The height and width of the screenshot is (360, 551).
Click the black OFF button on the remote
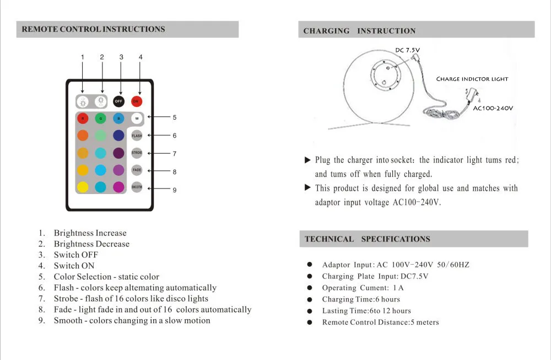(118, 101)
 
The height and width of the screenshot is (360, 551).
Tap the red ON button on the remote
(137, 101)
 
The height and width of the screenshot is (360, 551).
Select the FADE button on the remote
(137, 170)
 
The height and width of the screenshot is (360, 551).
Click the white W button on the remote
(137, 118)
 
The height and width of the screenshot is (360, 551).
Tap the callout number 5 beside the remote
(175, 117)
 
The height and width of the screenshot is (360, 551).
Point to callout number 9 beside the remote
(175, 190)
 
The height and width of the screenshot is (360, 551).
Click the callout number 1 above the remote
(83, 57)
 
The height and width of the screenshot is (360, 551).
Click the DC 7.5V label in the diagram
(408, 50)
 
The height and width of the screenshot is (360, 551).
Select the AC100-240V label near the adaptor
(493, 108)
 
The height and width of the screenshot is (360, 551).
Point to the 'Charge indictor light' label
(472, 79)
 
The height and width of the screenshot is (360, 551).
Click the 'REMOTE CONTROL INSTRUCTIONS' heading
(93, 29)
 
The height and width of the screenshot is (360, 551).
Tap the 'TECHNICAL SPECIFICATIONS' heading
(367, 239)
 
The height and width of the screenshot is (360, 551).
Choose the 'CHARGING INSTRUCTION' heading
(359, 31)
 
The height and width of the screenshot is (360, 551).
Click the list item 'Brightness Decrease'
(91, 244)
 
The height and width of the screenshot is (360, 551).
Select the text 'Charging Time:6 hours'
(361, 299)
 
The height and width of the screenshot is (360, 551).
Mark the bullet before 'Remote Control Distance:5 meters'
(310, 323)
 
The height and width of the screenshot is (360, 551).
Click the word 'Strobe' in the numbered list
(66, 298)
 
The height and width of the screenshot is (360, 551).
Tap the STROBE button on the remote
(137, 153)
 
